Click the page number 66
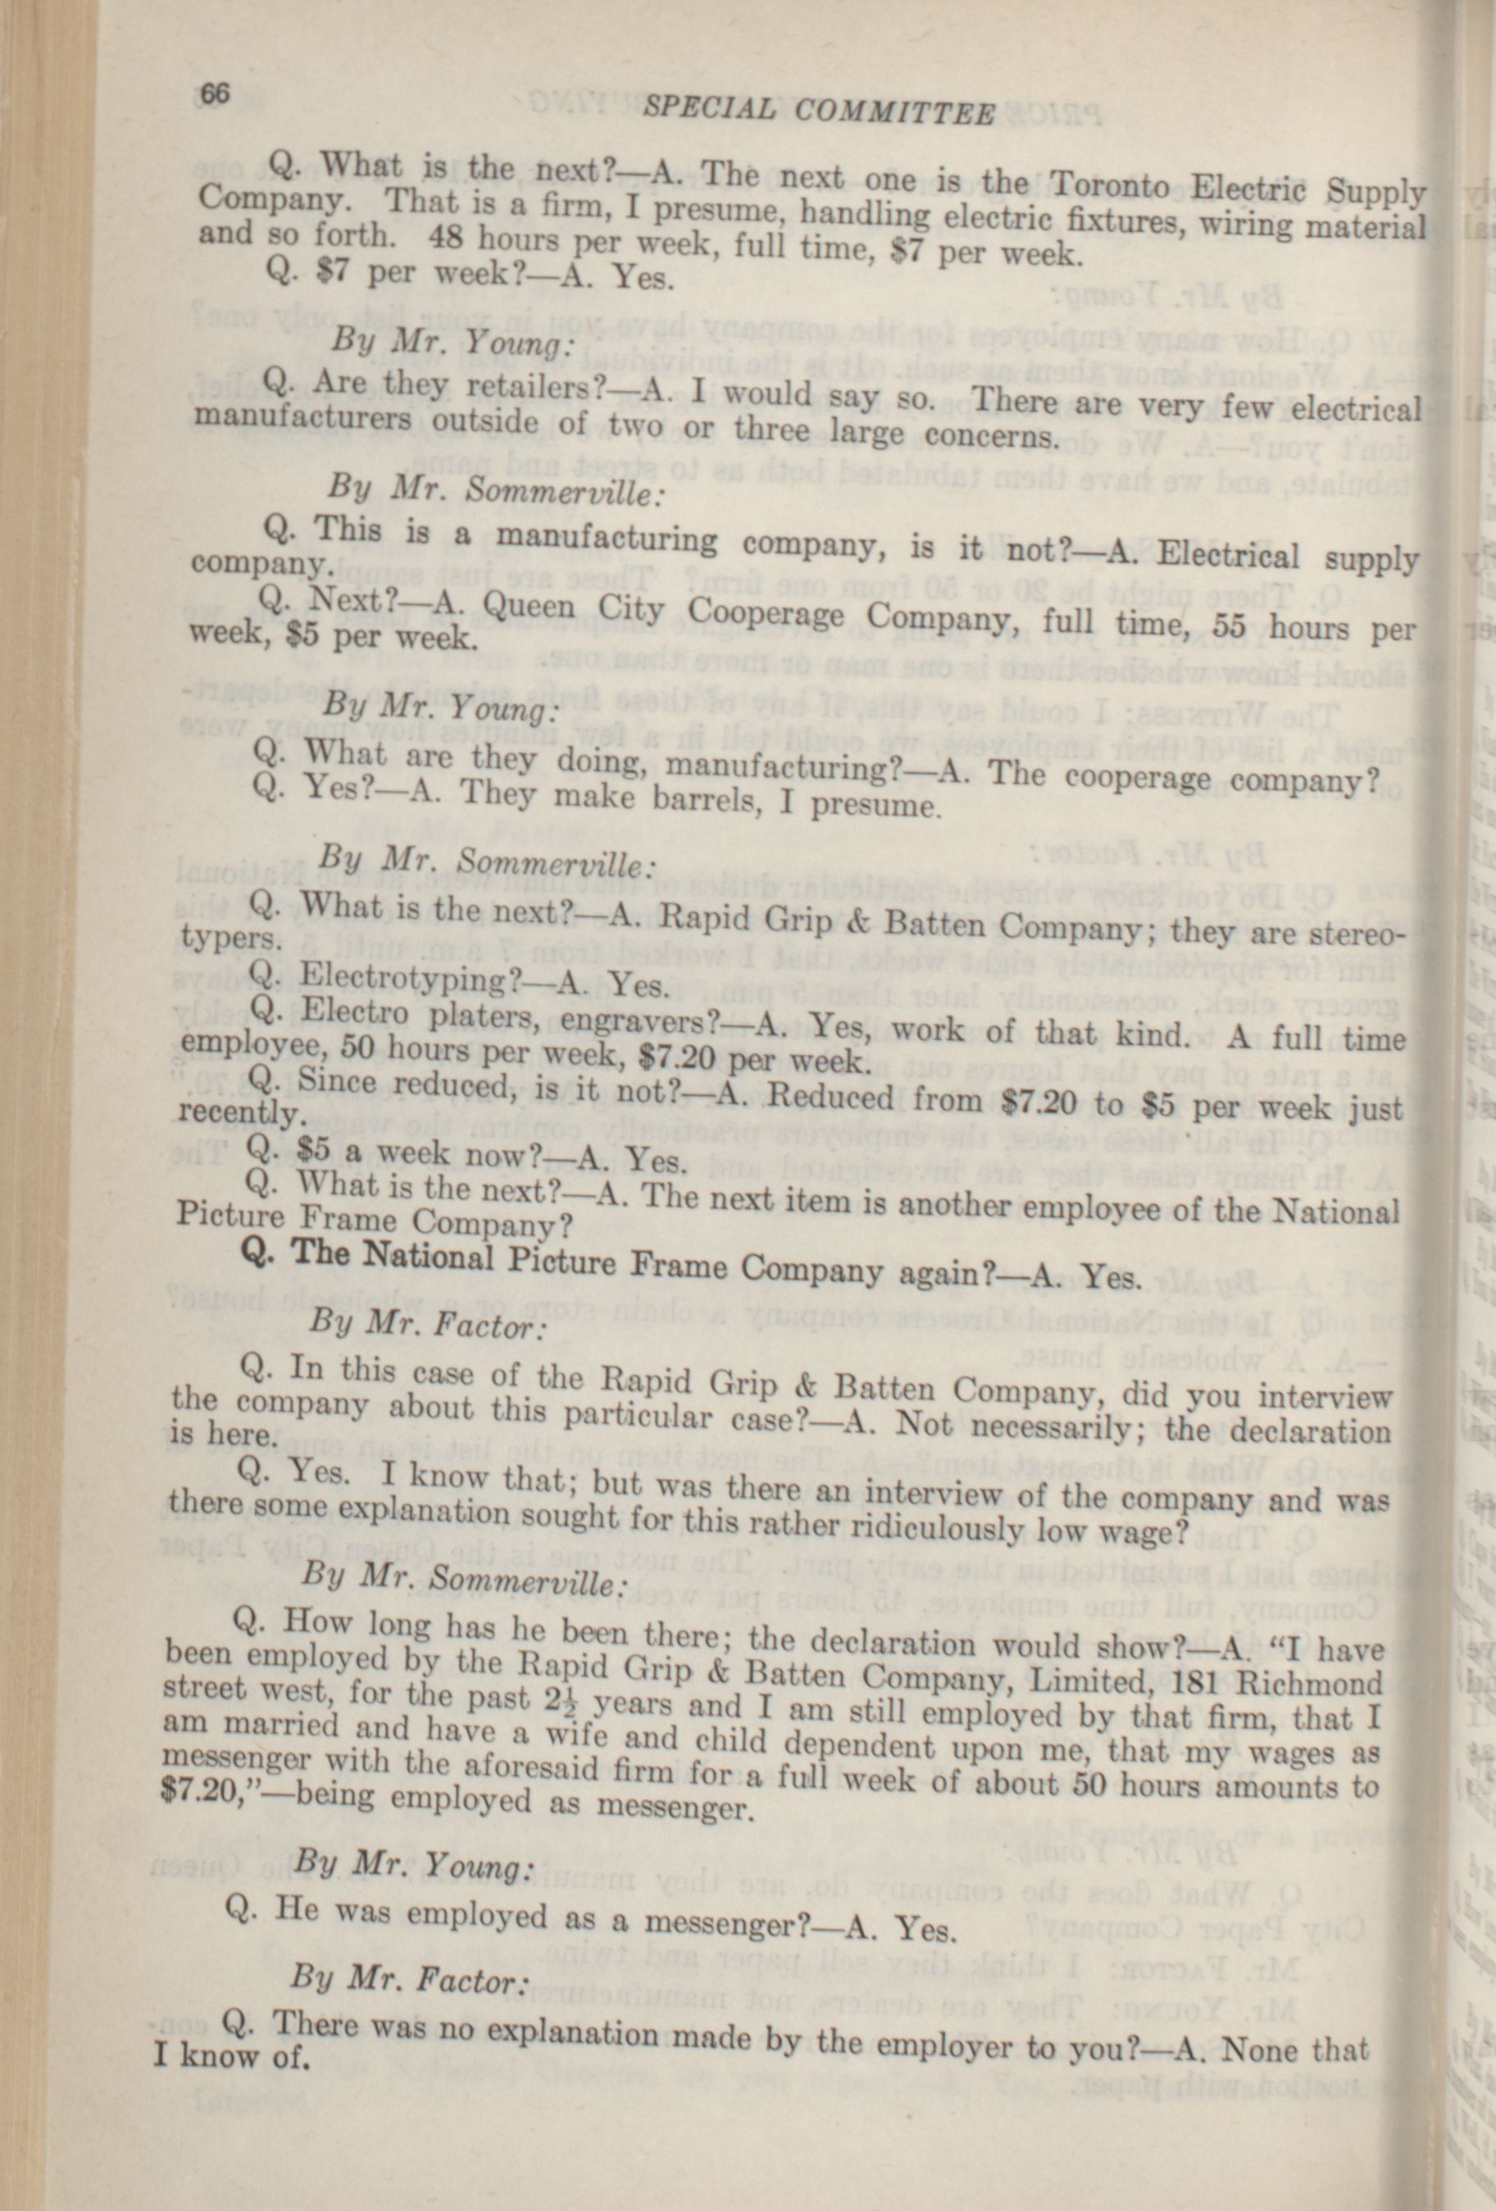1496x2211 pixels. click(215, 93)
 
